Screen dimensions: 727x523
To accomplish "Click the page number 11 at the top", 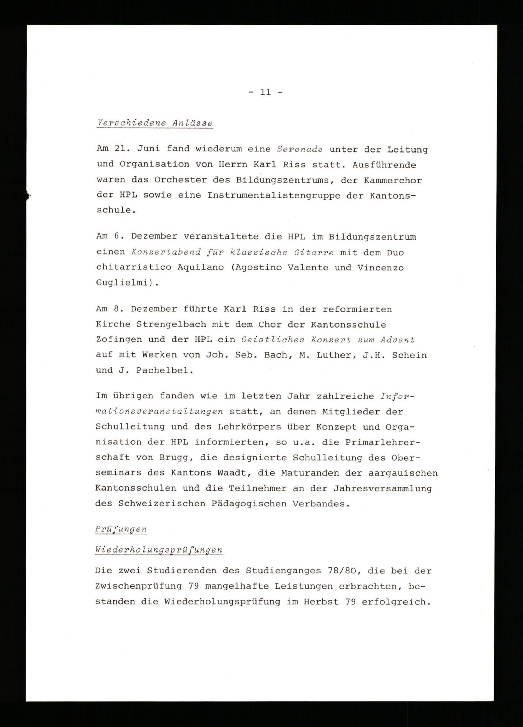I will (265, 93).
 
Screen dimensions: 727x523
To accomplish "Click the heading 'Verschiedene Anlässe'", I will (155, 123).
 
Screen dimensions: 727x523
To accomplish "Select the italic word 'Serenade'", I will (300, 149).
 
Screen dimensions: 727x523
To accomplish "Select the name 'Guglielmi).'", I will (128, 283).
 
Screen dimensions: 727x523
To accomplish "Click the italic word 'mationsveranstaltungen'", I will (159, 412).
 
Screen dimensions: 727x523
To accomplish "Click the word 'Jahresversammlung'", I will (383, 488).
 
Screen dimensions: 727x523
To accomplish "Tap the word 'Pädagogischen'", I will (248, 504).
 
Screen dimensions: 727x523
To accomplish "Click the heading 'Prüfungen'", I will (121, 529).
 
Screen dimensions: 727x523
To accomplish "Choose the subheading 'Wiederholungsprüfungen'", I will (159, 550).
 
